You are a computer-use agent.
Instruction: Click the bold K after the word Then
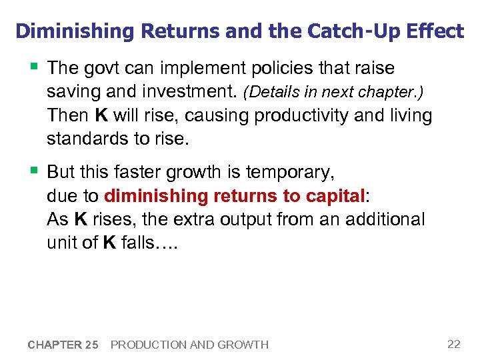(101, 116)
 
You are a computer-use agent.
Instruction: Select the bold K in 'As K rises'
(81, 220)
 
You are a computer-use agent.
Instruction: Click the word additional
(383, 220)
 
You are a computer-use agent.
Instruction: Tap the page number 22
(454, 344)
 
